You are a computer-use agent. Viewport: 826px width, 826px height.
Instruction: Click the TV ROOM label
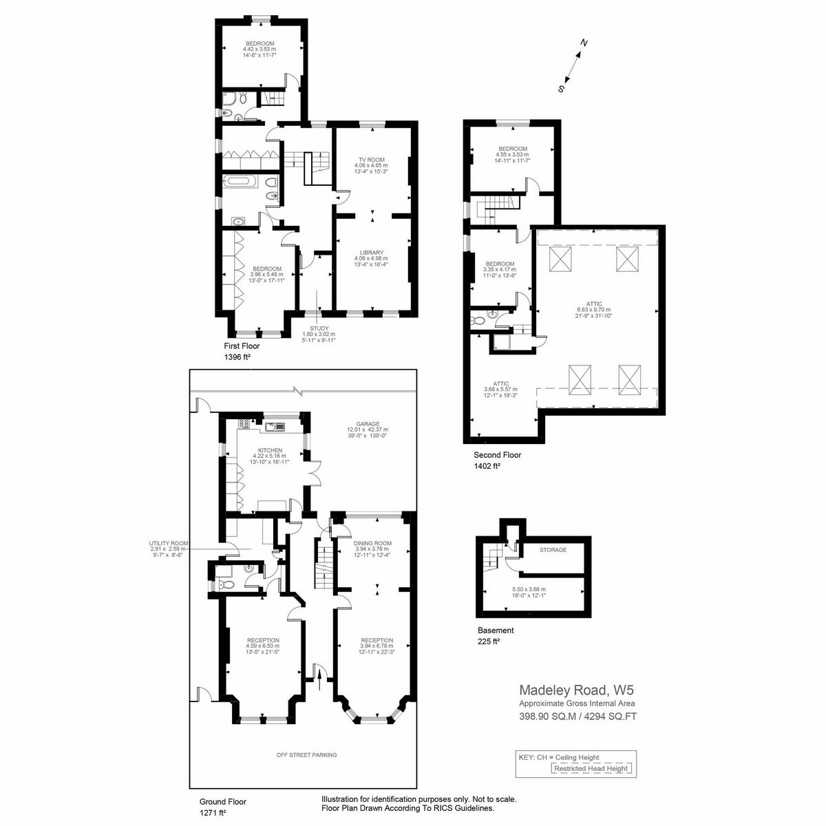point(371,160)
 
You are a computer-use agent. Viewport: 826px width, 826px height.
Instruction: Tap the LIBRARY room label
point(371,253)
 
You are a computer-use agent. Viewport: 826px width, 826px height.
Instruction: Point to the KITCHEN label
point(271,450)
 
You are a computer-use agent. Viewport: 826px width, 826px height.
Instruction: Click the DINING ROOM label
point(372,543)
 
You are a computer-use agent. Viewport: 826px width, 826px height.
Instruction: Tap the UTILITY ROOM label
point(169,543)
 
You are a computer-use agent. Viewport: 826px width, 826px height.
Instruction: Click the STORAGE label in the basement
point(553,549)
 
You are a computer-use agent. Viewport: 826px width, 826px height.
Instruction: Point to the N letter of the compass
point(584,43)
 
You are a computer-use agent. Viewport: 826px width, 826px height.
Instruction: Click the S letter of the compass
point(561,89)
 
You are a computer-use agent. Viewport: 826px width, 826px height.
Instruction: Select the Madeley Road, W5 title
point(576,690)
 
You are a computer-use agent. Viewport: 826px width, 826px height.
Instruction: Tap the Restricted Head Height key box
point(591,768)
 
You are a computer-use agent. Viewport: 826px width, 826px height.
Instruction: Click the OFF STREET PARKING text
point(306,755)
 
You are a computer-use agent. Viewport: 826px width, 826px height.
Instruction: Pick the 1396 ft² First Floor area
point(237,357)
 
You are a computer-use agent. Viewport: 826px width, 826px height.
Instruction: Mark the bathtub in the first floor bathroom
point(241,182)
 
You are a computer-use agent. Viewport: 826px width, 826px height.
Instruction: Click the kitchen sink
point(275,426)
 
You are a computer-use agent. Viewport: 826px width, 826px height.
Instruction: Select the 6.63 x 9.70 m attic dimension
point(593,310)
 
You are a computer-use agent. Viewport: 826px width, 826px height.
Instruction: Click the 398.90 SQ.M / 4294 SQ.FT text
point(578,717)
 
